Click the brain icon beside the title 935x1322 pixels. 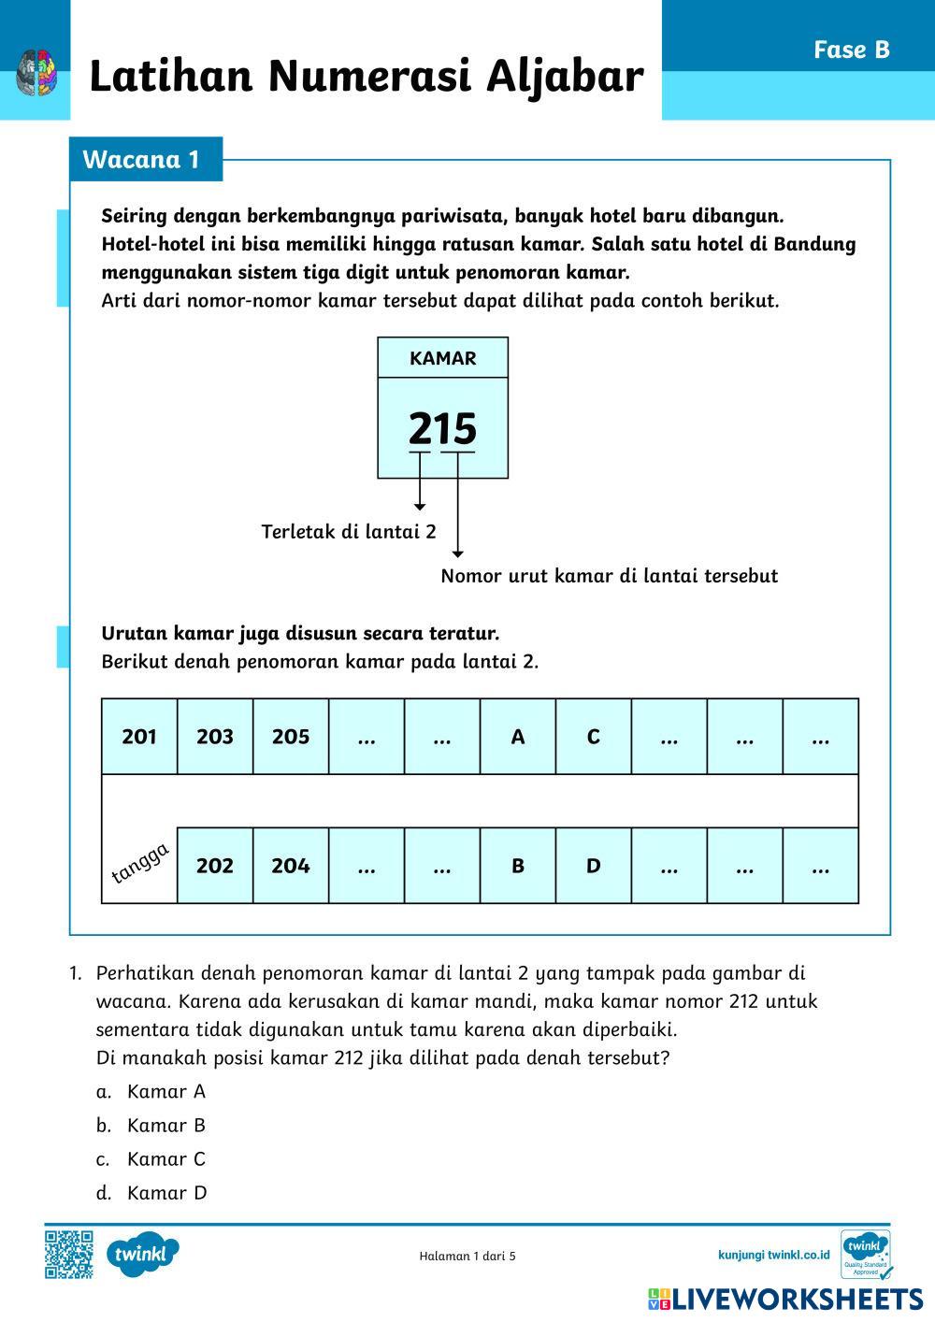(x=37, y=73)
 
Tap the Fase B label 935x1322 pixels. (x=851, y=50)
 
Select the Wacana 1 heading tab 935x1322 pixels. (x=142, y=159)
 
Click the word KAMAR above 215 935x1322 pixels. (x=442, y=358)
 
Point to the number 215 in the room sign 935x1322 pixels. (x=442, y=429)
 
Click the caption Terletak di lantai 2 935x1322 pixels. (x=349, y=532)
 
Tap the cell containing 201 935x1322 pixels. (x=139, y=737)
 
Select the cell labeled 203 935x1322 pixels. (x=215, y=737)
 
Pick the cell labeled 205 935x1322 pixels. (x=291, y=737)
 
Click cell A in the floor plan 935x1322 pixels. (x=518, y=737)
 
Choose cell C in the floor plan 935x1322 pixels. (x=594, y=737)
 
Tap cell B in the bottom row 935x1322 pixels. (x=518, y=866)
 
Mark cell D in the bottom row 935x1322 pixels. (x=594, y=866)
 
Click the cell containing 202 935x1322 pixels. (x=215, y=866)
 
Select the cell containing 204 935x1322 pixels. (x=291, y=866)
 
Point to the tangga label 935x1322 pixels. (x=140, y=863)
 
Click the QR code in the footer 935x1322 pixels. (x=69, y=1254)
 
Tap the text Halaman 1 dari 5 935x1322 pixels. (x=467, y=1256)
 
